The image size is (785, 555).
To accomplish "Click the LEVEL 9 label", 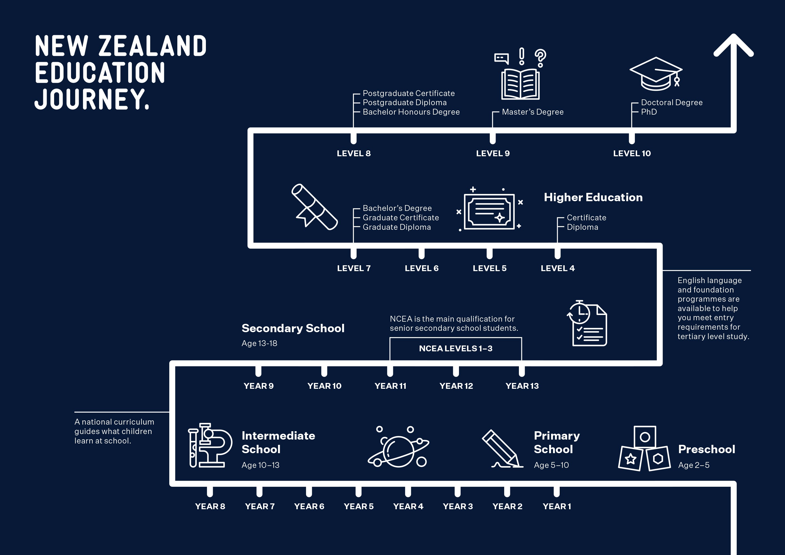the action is tap(493, 153).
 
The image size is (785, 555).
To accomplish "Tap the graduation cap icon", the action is tap(656, 74).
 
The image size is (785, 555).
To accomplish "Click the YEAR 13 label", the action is tap(522, 386).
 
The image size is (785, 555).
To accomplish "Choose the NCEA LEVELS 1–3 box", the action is tap(456, 349).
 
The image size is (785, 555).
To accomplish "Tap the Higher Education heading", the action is tap(593, 197).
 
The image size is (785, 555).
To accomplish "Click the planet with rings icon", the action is tap(398, 446).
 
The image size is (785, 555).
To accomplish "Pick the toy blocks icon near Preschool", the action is tap(645, 448).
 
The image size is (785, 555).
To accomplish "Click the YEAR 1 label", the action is tap(557, 506).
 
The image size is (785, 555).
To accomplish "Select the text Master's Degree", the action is tap(533, 112).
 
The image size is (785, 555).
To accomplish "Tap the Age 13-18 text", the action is tap(259, 343).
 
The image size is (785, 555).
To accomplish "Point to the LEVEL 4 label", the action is tap(558, 268).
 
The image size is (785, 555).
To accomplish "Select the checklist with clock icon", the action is tap(587, 323).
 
